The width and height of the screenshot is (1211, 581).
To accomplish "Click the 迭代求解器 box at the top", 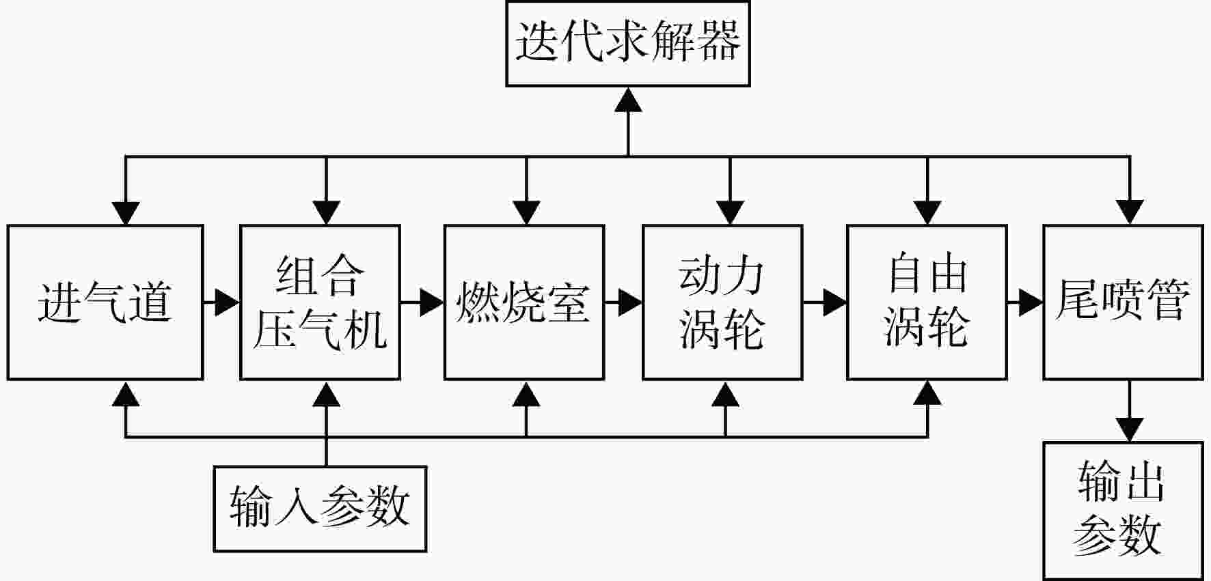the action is (628, 44).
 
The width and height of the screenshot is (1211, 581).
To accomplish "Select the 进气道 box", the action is (105, 302).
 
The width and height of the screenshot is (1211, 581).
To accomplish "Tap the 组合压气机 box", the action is (320, 302).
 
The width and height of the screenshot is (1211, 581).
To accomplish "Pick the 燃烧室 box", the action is (524, 302).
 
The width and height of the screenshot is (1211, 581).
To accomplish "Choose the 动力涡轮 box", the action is (722, 302).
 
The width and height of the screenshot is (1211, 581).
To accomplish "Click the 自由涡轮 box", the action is (927, 302).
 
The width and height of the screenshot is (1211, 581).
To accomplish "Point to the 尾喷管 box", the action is (1123, 302).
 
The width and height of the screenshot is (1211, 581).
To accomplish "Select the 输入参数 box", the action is (320, 509).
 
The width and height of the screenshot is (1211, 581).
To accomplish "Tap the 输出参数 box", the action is (1123, 511).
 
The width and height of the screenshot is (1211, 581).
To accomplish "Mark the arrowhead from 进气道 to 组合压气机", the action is (228, 302).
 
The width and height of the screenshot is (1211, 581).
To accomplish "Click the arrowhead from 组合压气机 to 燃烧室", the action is (431, 302).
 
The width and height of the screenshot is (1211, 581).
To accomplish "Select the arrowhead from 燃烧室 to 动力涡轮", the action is (630, 302).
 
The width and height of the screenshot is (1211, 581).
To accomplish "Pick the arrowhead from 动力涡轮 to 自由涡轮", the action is (834, 302).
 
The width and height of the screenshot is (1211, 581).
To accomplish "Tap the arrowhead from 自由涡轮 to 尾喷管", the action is (1031, 302).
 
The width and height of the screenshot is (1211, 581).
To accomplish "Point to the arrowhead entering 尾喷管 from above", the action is (1129, 213).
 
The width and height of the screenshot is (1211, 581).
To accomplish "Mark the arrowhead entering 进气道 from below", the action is (125, 393).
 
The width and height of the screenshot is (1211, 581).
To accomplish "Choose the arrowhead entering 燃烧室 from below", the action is (526, 393).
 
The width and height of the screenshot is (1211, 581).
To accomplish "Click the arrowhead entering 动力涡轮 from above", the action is (730, 213).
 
